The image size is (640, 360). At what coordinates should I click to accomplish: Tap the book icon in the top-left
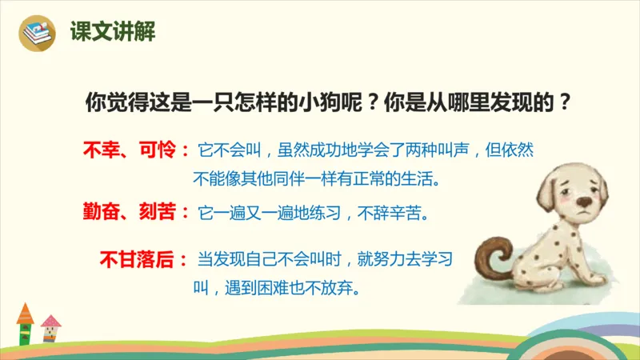coord(35,33)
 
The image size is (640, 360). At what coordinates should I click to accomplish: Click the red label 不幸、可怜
coord(129,150)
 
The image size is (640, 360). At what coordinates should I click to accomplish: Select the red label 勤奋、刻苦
coord(129,213)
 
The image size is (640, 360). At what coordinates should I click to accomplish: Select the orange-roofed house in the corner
coord(25,320)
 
